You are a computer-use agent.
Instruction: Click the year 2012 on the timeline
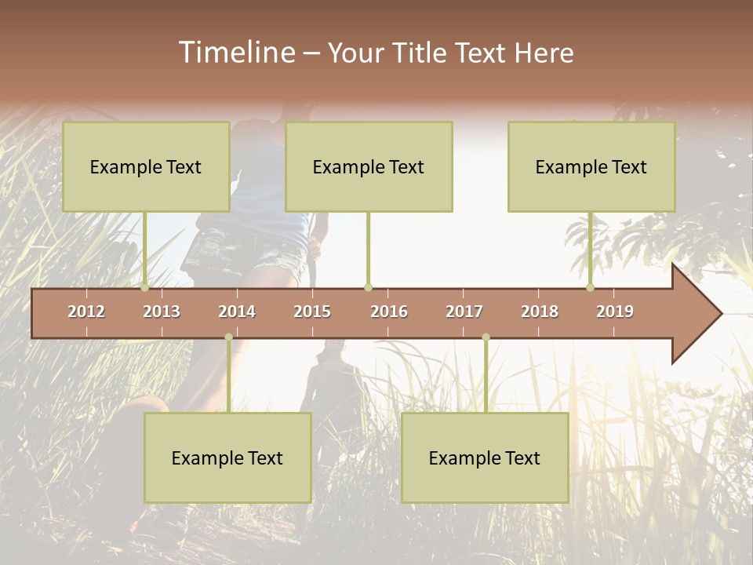86,312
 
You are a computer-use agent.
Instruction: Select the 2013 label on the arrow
162,312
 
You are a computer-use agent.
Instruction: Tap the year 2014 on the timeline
237,312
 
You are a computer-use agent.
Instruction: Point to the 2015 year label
312,312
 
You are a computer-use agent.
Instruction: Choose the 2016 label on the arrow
389,312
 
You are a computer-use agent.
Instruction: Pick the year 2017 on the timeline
464,312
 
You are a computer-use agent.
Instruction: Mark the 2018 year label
540,312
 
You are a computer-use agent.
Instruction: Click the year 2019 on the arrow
615,312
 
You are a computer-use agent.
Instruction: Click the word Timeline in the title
236,53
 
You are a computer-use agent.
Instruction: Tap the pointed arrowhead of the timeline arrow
702,313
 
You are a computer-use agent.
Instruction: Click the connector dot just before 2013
144,288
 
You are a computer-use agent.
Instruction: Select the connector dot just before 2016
368,288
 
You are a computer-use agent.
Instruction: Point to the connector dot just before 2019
591,288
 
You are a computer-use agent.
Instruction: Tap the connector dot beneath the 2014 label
228,337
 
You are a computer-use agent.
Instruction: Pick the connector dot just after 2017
486,337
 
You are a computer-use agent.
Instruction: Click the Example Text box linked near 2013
146,166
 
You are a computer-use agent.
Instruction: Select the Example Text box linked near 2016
369,166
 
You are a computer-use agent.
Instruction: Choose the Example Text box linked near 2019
591,166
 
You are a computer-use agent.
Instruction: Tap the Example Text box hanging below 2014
227,457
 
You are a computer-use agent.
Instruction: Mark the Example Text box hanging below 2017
485,457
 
